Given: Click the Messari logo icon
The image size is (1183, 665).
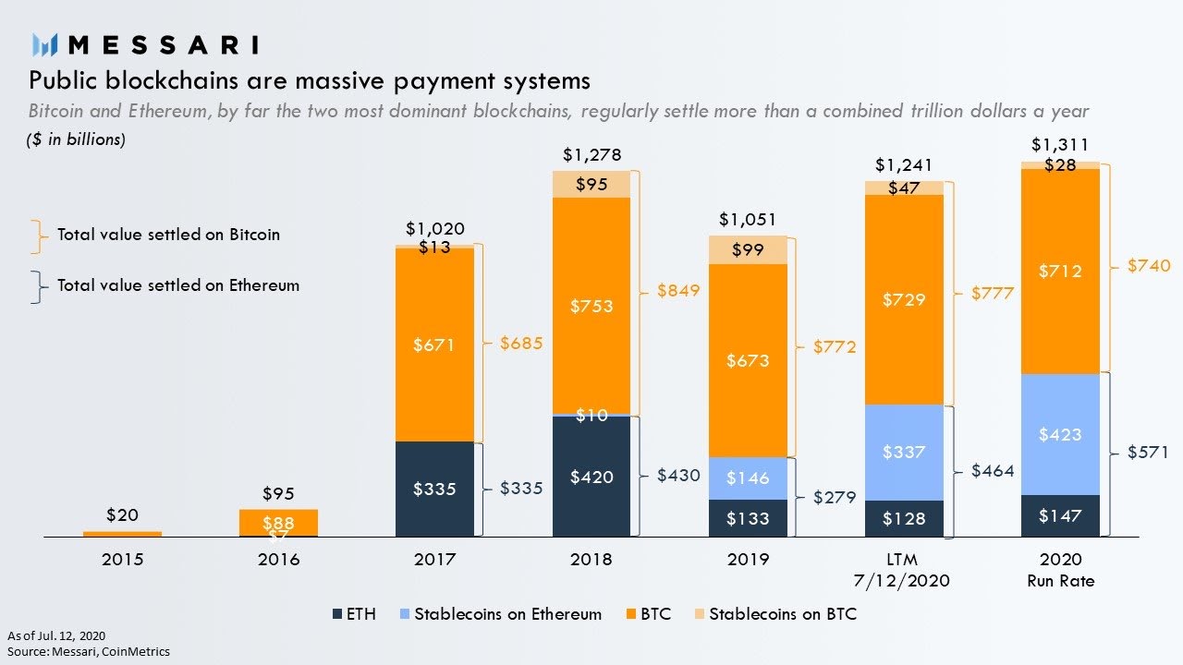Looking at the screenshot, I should [x=45, y=44].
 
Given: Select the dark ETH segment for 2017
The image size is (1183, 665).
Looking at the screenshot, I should [x=434, y=489].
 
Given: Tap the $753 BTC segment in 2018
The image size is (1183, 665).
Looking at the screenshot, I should [x=591, y=306].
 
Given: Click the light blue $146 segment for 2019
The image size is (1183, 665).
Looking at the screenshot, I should [x=748, y=478].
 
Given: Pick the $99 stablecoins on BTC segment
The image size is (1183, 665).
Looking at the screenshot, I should [x=748, y=250].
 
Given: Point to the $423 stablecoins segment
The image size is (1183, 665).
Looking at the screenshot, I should [x=1060, y=434].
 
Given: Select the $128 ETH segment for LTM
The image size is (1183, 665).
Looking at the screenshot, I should [x=904, y=518].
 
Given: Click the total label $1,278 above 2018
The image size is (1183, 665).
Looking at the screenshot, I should [x=591, y=154].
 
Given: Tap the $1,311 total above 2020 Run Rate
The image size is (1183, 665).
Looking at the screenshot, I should [x=1060, y=145].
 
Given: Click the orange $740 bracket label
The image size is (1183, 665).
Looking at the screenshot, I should [x=1148, y=266].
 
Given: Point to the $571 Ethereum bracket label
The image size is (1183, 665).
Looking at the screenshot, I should [x=1148, y=453].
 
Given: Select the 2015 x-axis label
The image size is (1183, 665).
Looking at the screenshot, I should [x=122, y=560].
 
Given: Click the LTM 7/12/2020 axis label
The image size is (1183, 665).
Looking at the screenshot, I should [x=904, y=570].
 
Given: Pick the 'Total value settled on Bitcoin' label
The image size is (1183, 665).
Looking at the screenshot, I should [x=168, y=235].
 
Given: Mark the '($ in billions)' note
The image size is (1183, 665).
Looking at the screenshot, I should [x=76, y=139].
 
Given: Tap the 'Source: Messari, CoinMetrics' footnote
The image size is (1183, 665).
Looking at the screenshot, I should [x=89, y=651].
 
